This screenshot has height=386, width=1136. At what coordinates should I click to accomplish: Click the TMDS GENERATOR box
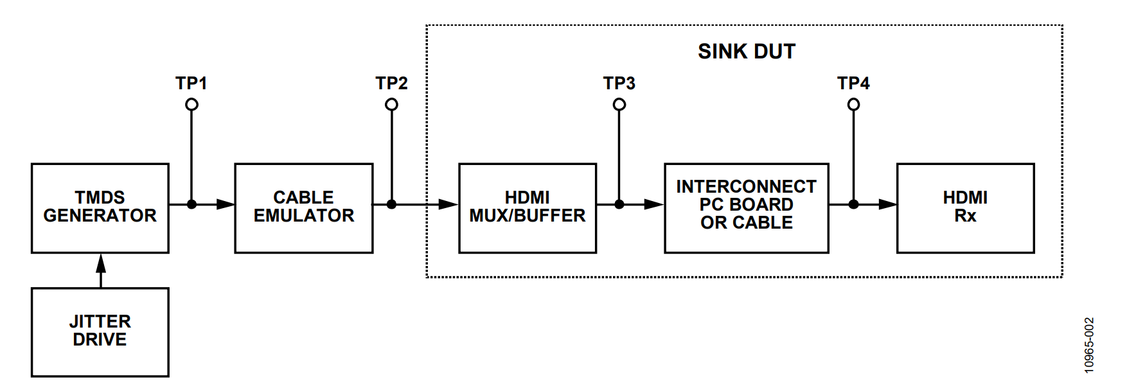(100, 207)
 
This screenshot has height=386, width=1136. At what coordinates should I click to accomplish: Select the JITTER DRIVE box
(100, 331)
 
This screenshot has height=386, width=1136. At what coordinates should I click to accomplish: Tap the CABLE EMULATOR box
(304, 207)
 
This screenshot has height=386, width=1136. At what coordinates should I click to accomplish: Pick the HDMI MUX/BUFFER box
(528, 207)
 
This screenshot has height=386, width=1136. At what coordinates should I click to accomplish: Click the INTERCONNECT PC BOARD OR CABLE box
(747, 207)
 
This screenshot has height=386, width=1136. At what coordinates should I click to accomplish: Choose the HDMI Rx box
(965, 207)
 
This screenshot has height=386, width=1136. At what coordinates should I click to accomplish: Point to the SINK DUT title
(747, 51)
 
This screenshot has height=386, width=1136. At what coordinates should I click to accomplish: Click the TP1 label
(191, 83)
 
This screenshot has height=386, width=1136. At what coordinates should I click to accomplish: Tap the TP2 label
(391, 83)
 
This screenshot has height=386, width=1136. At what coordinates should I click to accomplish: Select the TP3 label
(619, 83)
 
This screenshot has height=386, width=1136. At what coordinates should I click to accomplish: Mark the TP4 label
(853, 83)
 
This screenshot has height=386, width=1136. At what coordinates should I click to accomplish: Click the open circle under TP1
(191, 105)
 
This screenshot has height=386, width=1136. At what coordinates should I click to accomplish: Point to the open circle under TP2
(391, 105)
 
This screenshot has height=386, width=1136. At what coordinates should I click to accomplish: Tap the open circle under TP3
(619, 105)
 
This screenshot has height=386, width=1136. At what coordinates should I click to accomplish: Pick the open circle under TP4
(853, 105)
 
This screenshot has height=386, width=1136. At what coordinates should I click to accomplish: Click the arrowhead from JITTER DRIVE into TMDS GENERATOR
(101, 263)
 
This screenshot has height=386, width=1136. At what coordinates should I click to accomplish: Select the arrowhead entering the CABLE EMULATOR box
(226, 204)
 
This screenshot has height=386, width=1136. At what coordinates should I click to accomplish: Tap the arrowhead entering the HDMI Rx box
(887, 204)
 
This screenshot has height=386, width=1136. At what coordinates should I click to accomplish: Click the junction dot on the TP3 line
(619, 204)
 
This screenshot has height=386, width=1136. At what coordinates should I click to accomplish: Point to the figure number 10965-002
(1089, 345)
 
